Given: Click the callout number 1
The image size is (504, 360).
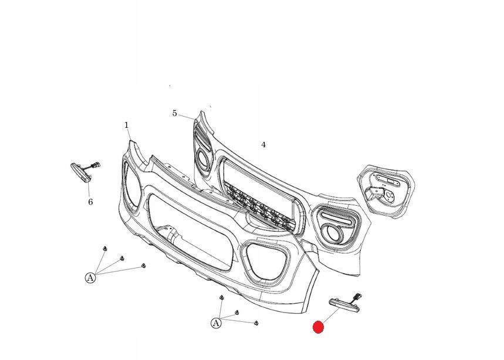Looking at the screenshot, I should coord(126,125).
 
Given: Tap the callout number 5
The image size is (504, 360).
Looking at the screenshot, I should coord(174,113).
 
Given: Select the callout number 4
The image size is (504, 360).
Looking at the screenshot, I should coord(263,144).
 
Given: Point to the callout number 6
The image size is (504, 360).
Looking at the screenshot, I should coord(90,202).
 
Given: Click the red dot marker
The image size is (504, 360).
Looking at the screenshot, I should coord(318,327).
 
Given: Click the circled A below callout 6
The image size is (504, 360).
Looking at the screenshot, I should coord(90,278).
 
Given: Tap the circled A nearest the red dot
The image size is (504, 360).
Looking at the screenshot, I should coord(216,323).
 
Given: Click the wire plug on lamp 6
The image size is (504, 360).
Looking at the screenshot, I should coord(94,165).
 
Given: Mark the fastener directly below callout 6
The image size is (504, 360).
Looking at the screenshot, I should coord(104,249).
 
